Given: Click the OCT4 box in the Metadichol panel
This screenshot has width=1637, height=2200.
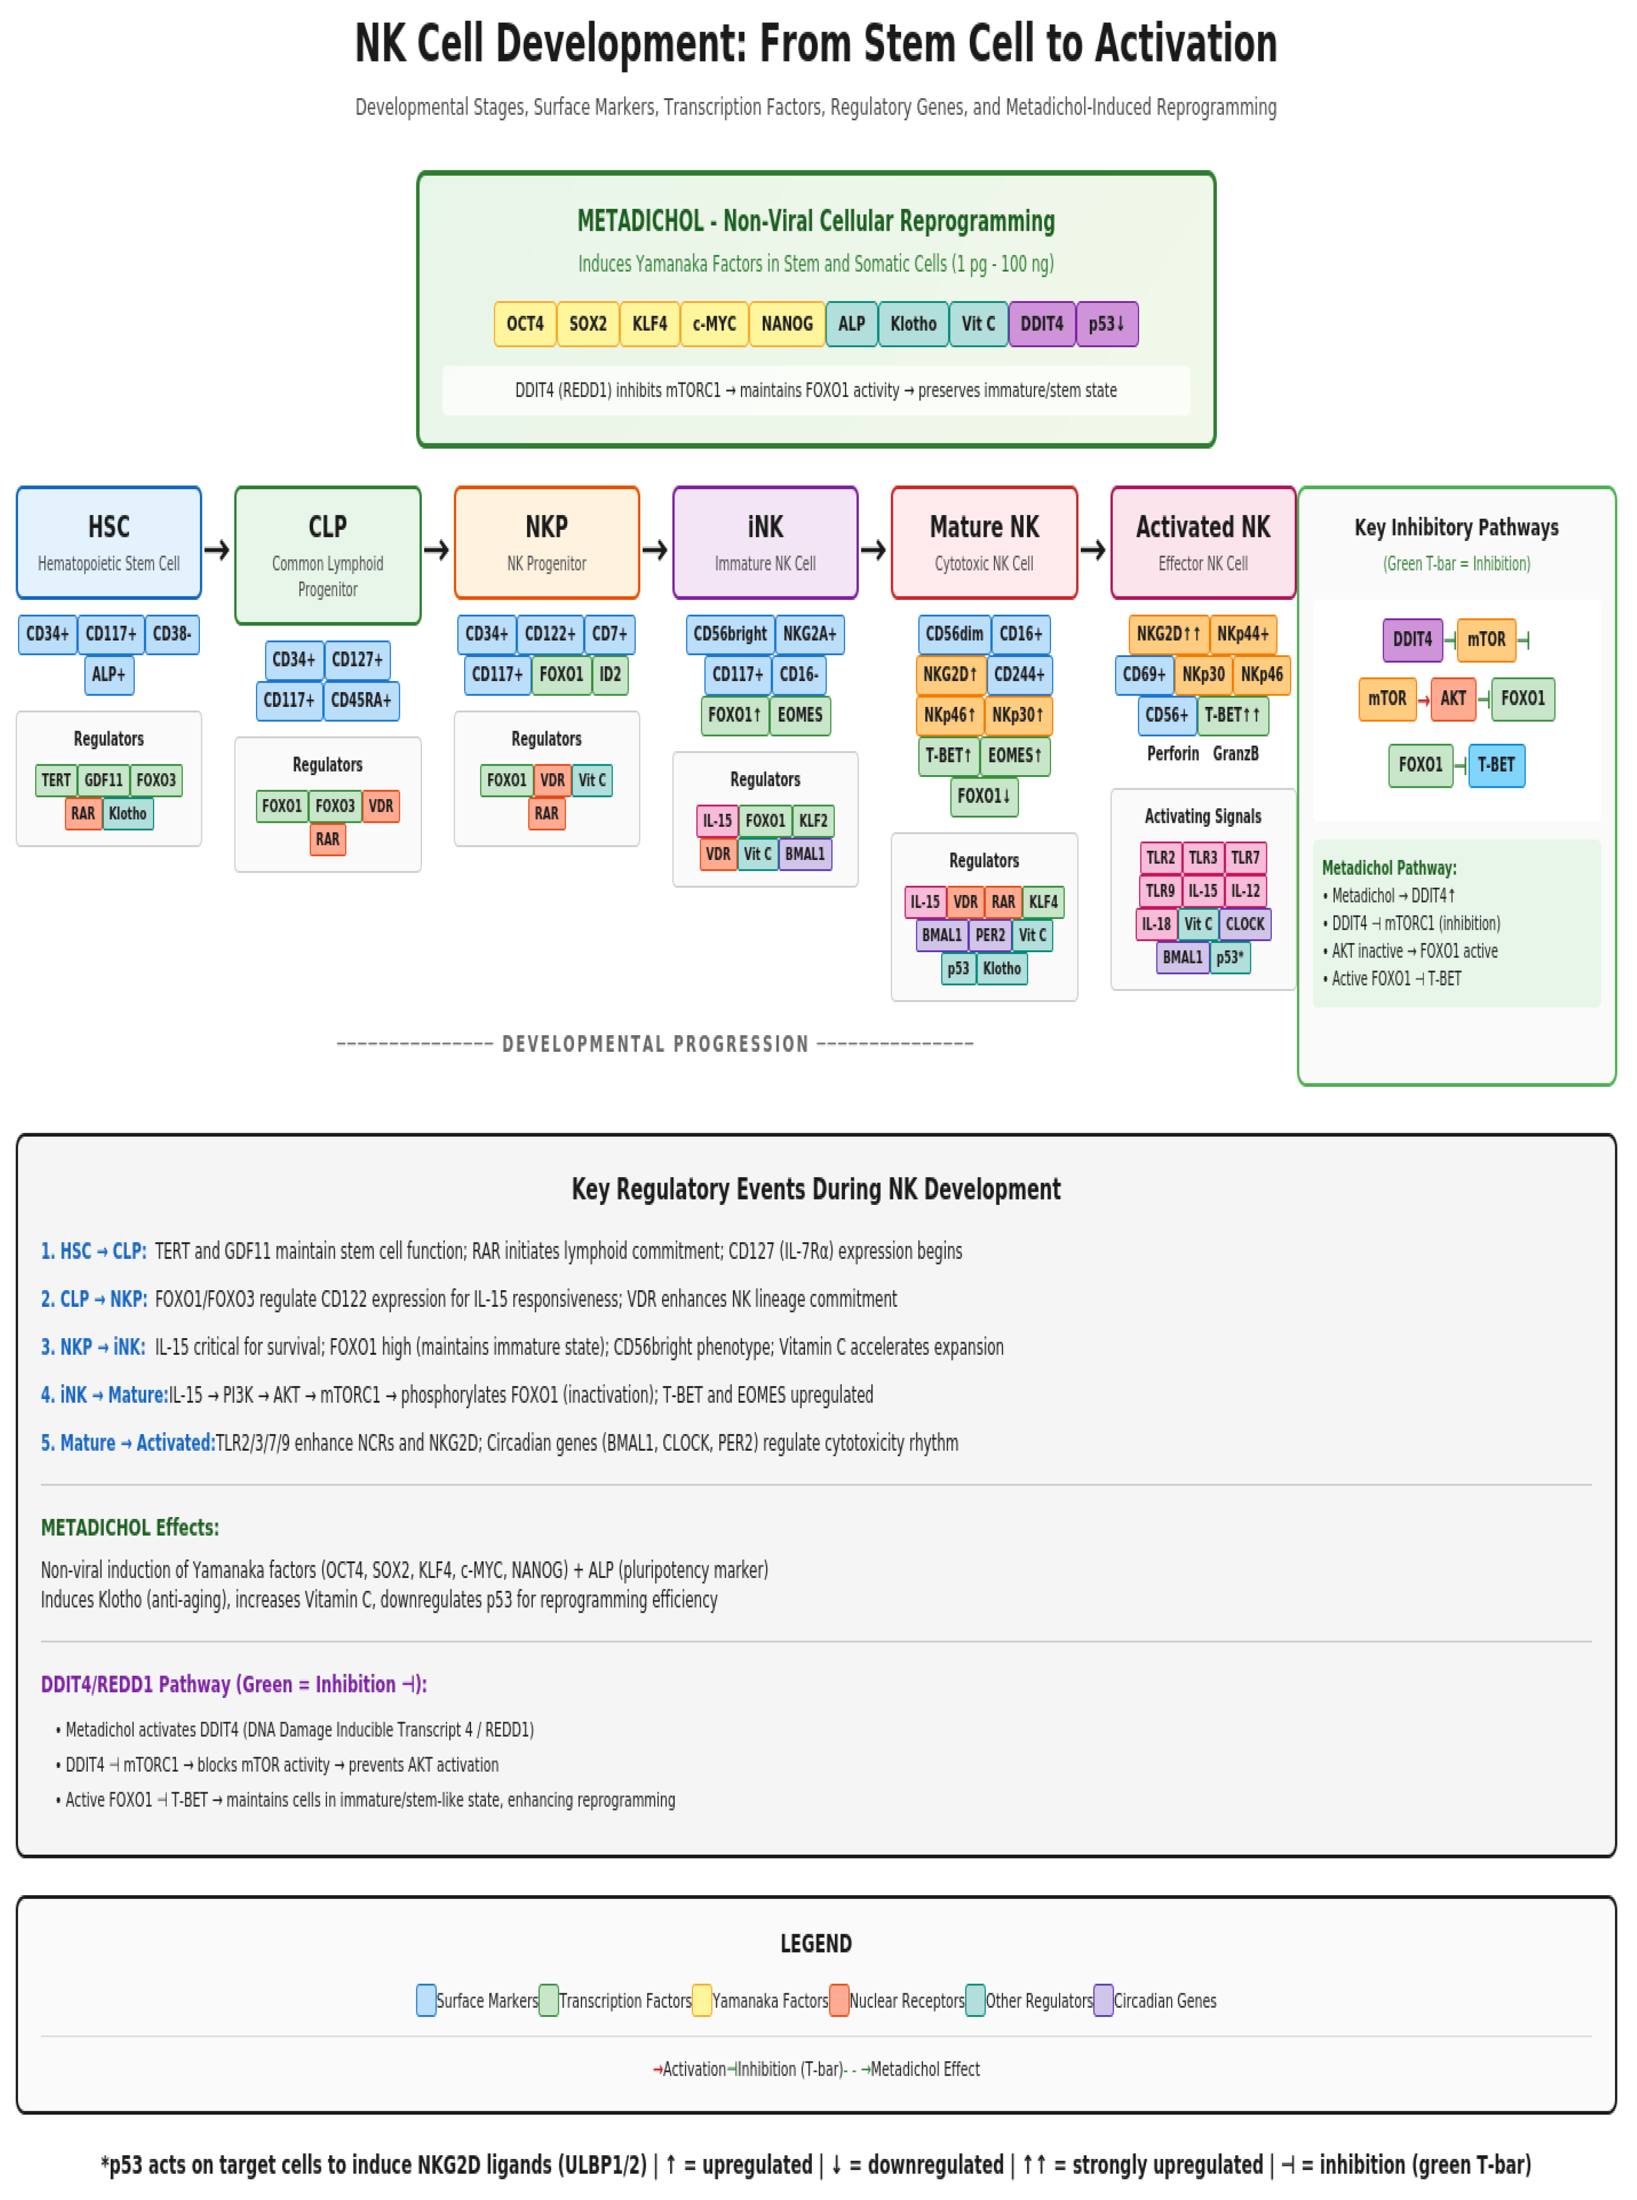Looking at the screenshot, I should pyautogui.click(x=525, y=324).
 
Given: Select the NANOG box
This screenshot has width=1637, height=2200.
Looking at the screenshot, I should pyautogui.click(x=787, y=324).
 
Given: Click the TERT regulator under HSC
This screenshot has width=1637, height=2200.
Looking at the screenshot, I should pyautogui.click(x=57, y=780).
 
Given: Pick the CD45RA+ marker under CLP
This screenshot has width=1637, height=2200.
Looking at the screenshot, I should pyautogui.click(x=361, y=700).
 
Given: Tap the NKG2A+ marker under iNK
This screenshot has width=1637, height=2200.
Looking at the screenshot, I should pyautogui.click(x=809, y=634).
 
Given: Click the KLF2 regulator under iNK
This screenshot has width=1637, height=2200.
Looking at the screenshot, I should pyautogui.click(x=812, y=820).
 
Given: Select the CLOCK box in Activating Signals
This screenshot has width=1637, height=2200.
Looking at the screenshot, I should pyautogui.click(x=1244, y=923).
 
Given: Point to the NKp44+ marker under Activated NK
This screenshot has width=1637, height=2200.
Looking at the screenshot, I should pyautogui.click(x=1243, y=634).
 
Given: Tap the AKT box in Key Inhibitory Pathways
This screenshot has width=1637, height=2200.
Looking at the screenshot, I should pyautogui.click(x=1453, y=699).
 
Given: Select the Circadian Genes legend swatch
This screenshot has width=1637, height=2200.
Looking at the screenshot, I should pyautogui.click(x=1103, y=2000).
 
